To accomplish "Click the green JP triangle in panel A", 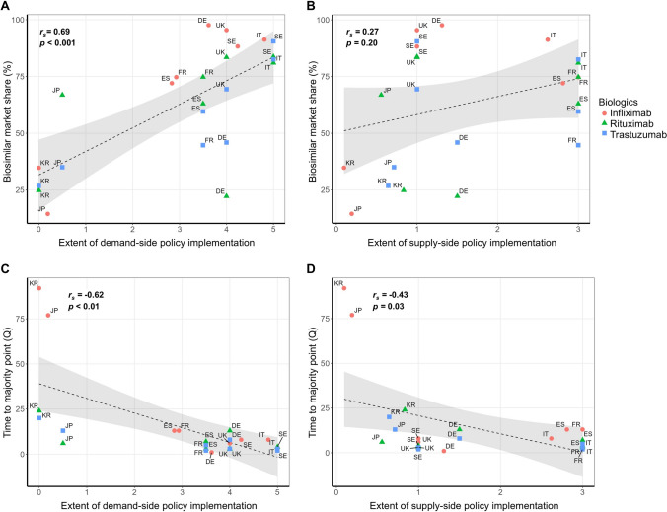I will click(x=62, y=94).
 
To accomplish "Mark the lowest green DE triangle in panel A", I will click(x=226, y=195).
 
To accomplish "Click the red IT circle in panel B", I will click(x=548, y=39).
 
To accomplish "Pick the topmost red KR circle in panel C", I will click(x=38, y=288).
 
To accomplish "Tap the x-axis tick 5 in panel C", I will click(x=277, y=491).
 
